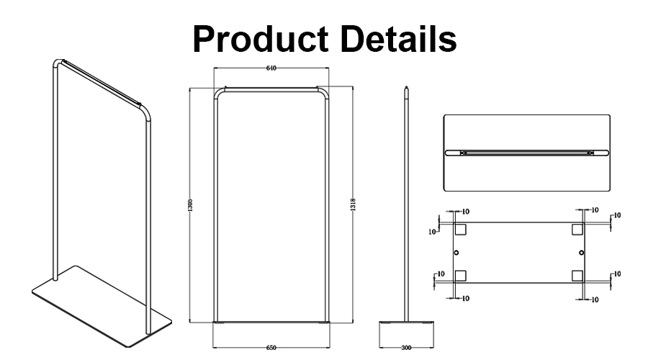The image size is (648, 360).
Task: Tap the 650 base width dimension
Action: tap(271, 348)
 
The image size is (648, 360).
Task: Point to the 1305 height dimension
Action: tap(189, 205)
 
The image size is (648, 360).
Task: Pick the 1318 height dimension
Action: tap(353, 205)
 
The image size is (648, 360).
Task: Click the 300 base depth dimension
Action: tap(407, 348)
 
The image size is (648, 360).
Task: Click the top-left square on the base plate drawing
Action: tap(461, 229)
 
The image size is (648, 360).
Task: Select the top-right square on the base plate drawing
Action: tap(577, 229)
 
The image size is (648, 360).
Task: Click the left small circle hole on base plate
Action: tap(456, 252)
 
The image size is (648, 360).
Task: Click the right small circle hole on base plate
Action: tap(581, 252)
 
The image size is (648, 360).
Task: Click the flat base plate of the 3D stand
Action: tap(101, 302)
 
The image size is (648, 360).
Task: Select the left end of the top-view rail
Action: tap(450, 153)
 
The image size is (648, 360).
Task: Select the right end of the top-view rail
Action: tap(605, 153)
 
